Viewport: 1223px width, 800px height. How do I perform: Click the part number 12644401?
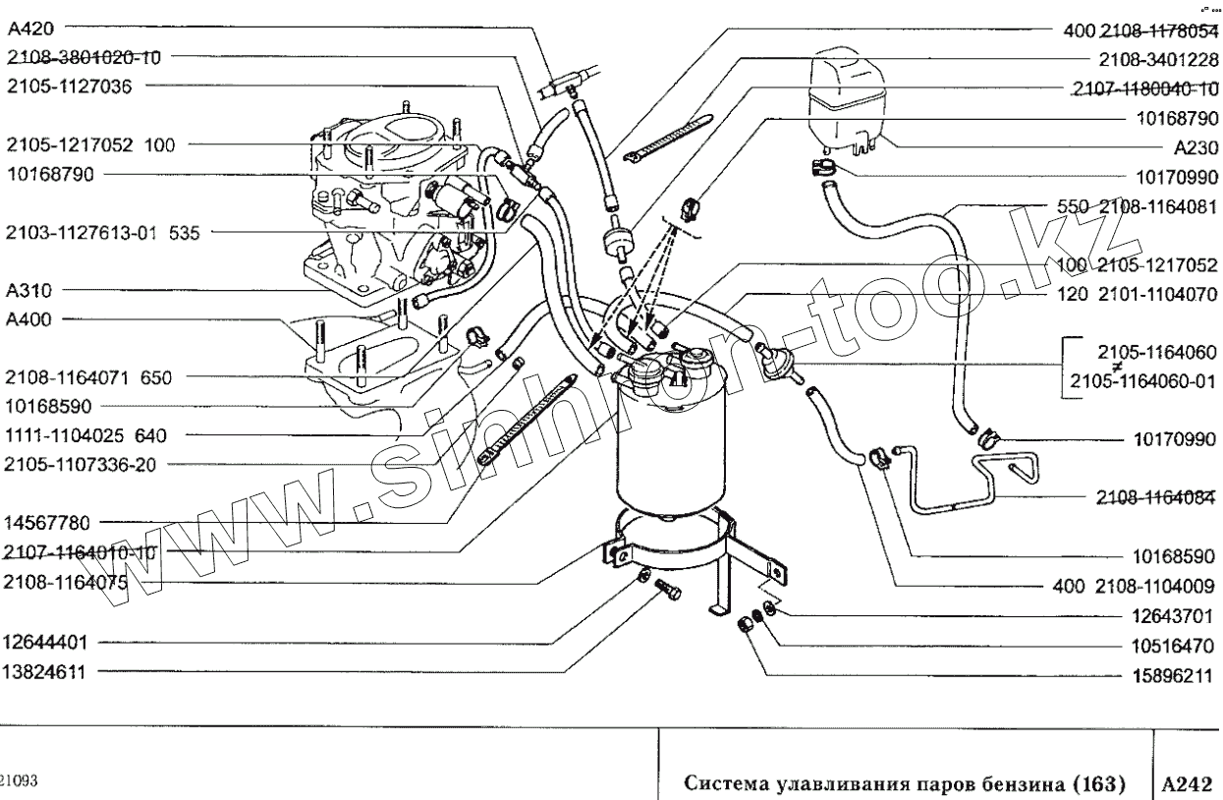[46, 644]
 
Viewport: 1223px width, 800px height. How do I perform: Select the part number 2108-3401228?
[1158, 58]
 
